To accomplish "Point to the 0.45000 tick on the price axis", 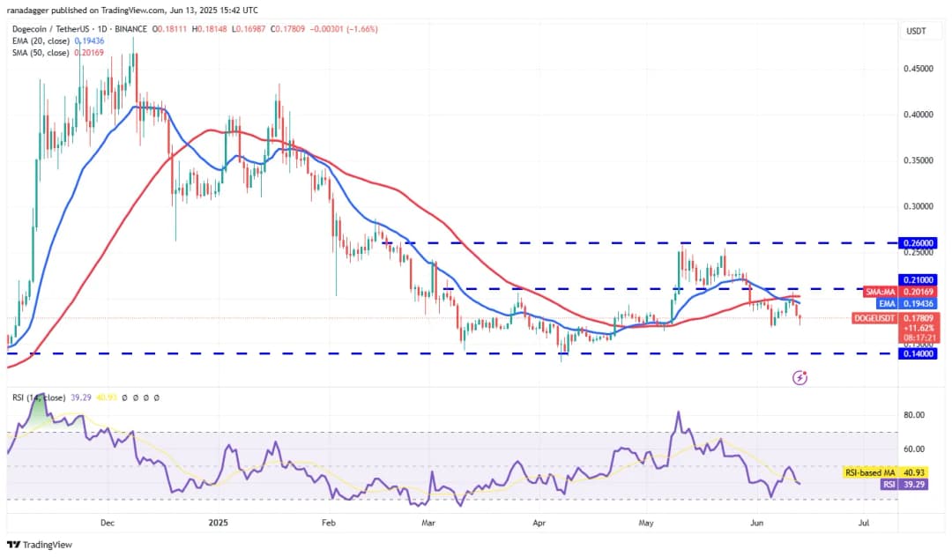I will pos(919,69).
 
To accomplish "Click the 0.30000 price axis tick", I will pos(919,206).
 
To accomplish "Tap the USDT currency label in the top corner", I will pos(917,32).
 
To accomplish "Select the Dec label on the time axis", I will pos(108,523).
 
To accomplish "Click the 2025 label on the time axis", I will pos(216,523).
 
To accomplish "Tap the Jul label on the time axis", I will pos(864,523).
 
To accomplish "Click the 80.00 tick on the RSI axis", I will pos(914,415).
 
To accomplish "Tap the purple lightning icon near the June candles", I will pos(800,377).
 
